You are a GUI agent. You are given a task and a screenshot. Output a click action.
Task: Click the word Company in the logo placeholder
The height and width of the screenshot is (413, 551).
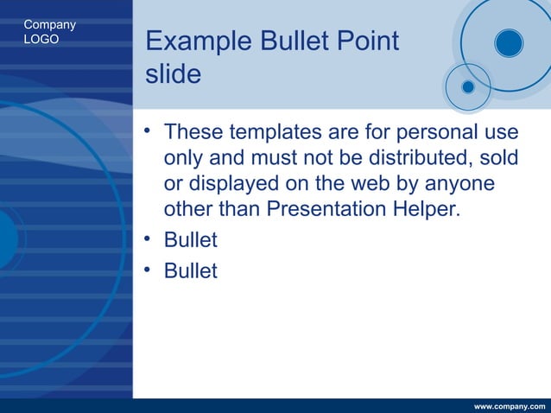tap(49, 24)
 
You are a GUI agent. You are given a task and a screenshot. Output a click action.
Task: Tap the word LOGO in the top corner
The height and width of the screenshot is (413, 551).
tap(41, 39)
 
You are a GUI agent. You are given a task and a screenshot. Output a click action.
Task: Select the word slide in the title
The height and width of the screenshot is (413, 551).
tap(173, 74)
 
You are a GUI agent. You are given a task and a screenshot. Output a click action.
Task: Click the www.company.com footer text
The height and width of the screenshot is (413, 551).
tap(510, 406)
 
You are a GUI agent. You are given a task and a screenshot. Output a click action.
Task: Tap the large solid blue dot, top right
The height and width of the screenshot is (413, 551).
tap(509, 43)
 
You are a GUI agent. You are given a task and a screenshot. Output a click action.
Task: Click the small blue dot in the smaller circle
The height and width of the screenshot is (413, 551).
tap(468, 86)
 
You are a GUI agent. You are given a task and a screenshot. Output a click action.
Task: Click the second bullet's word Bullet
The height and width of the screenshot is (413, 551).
tap(190, 240)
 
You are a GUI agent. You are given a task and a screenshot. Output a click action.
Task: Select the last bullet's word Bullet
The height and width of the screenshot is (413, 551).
tap(190, 271)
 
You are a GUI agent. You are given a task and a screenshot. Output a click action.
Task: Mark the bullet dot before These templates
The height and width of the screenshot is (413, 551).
tap(149, 131)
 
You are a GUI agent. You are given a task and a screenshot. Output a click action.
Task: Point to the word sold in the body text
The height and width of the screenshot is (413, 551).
tap(500, 158)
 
